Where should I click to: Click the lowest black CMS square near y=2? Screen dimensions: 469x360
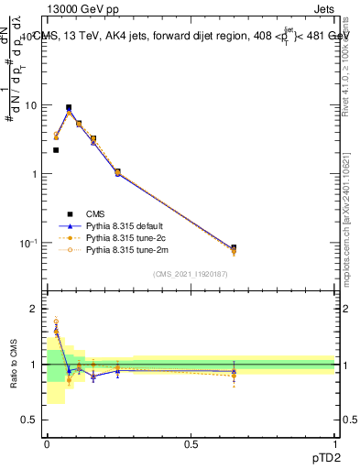[56, 150]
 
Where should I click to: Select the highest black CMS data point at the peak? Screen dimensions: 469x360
[69, 107]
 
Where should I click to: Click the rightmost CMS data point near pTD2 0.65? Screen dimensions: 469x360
[234, 248]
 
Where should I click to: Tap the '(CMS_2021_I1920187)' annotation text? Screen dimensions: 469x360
[191, 274]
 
